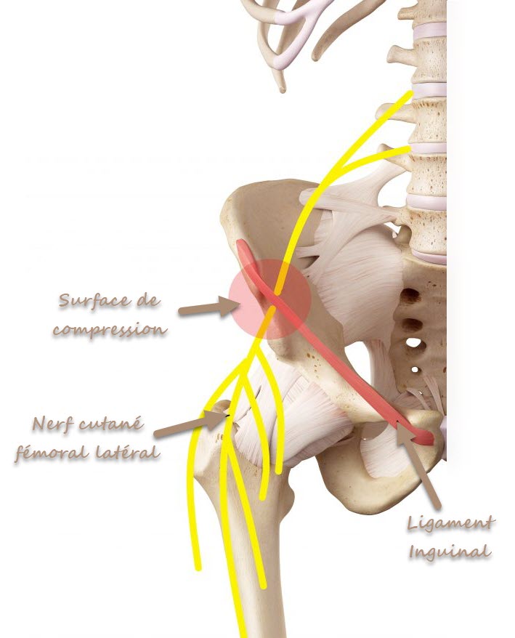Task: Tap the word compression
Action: [110, 329]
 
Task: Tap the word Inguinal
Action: [450, 552]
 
